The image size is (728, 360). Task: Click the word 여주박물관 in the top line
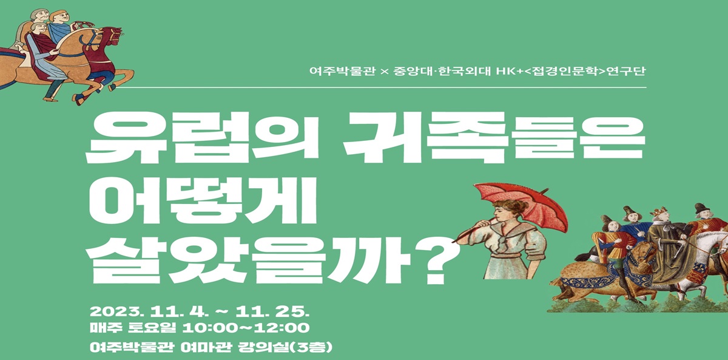click(x=342, y=71)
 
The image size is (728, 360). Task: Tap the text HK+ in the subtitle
click(x=509, y=71)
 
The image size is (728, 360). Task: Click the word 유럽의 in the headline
click(x=201, y=137)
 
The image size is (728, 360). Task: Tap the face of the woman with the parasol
click(x=501, y=211)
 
